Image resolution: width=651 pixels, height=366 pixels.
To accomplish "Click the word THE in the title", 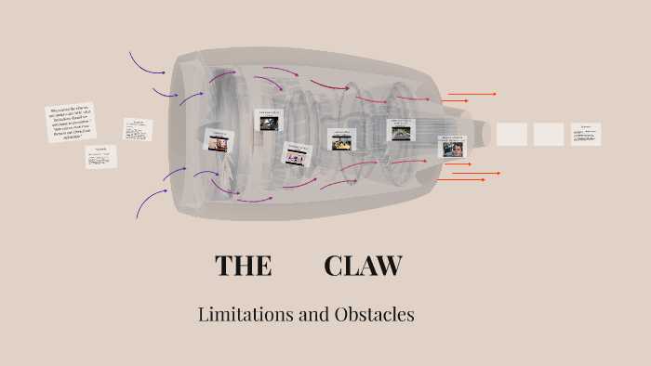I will [x=243, y=266].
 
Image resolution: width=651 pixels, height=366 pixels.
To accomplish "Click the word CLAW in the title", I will [x=363, y=266].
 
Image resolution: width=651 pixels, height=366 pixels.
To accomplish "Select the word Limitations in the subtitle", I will [x=246, y=315].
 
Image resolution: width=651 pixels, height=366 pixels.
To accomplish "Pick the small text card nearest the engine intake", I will [x=138, y=128].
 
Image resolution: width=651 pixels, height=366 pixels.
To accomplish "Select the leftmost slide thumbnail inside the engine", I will [x=219, y=139].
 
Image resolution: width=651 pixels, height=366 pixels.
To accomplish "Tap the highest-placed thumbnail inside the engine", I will [x=269, y=120].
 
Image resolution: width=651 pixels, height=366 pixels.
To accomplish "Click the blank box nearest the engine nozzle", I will [x=511, y=134].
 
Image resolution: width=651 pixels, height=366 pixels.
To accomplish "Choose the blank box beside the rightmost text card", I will [x=549, y=134].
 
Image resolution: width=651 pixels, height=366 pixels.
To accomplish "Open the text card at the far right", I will [x=586, y=134].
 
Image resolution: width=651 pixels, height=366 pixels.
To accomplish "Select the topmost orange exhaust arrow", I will [x=472, y=94].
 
